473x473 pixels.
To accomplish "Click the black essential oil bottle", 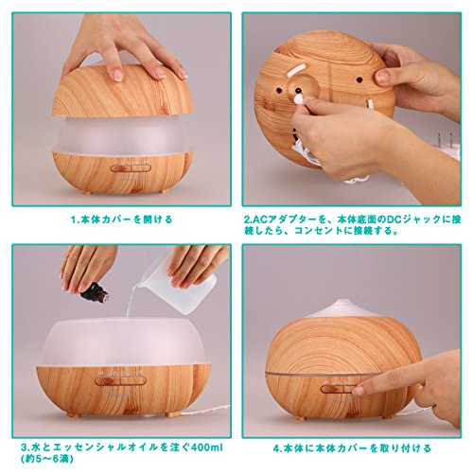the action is (94, 292).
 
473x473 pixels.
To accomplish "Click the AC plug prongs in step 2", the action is (445, 139).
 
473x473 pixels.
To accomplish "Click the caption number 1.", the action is (74, 219).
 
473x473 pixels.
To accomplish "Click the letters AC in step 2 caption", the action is (260, 219).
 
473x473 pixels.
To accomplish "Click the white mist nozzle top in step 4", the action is (343, 308).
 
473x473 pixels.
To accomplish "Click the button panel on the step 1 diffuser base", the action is (131, 168).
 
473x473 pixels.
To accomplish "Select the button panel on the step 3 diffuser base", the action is (120, 381).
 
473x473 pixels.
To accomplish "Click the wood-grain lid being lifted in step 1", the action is (123, 92).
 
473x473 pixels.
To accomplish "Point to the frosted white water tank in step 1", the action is (123, 135).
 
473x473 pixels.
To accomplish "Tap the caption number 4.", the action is (277, 448).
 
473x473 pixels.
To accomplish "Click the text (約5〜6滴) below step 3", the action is (47, 458).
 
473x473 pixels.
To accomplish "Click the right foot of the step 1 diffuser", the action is (164, 192).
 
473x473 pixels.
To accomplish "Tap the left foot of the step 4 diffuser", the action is (301, 417).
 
